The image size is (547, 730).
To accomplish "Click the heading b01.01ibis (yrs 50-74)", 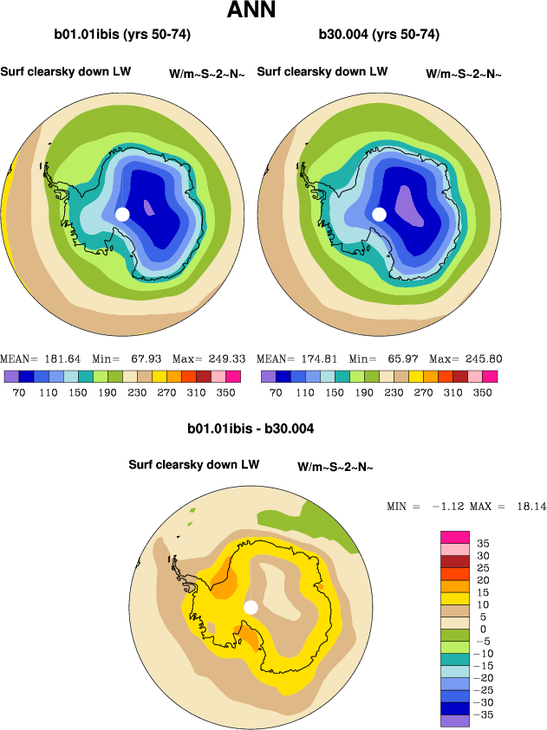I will coord(122,35).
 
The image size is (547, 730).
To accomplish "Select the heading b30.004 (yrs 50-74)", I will coord(379,35).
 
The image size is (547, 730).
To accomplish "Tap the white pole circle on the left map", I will coord(122,214).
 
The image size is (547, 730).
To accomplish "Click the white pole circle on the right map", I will coord(379,214).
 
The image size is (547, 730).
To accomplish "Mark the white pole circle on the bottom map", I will coord(251,607).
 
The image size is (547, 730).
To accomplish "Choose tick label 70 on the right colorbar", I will coord(276,391).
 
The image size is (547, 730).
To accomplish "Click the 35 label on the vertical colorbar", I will coord(482,543).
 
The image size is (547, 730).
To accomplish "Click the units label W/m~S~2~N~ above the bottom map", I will coord(335,467).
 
